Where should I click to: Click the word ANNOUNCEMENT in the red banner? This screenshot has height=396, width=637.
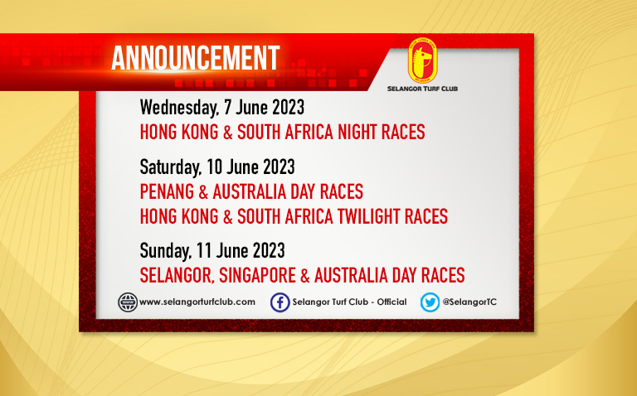point(196,58)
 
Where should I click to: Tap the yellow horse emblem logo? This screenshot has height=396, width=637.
point(422,60)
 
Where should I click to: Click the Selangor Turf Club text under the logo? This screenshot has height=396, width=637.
point(422,89)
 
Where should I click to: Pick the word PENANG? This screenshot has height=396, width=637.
point(167,192)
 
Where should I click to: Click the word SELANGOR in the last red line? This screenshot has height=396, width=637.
point(177,276)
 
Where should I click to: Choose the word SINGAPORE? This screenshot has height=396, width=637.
point(258,276)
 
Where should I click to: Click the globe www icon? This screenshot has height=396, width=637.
point(128,302)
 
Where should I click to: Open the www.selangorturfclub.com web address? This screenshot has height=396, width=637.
point(197,302)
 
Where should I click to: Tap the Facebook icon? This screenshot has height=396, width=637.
point(280,302)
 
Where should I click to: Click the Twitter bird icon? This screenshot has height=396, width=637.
point(430,302)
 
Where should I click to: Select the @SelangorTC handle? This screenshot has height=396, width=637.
point(469,302)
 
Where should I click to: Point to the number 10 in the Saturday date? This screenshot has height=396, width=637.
point(214,167)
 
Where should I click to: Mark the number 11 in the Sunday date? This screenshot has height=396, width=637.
point(203,250)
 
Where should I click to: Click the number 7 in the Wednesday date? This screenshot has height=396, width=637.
point(227,108)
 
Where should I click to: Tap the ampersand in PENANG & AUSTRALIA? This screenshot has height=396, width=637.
point(203,192)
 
